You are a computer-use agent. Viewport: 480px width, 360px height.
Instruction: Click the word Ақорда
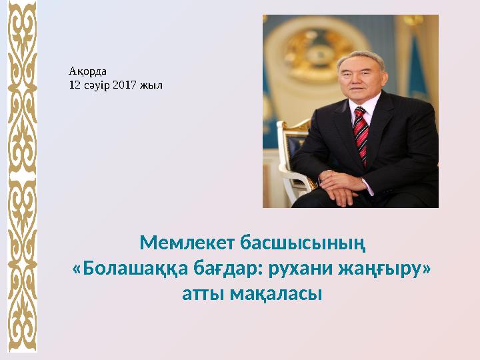tap(83, 69)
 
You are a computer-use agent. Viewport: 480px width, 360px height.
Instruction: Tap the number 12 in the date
tap(75, 85)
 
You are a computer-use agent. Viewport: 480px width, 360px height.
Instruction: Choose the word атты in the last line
tap(203, 293)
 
